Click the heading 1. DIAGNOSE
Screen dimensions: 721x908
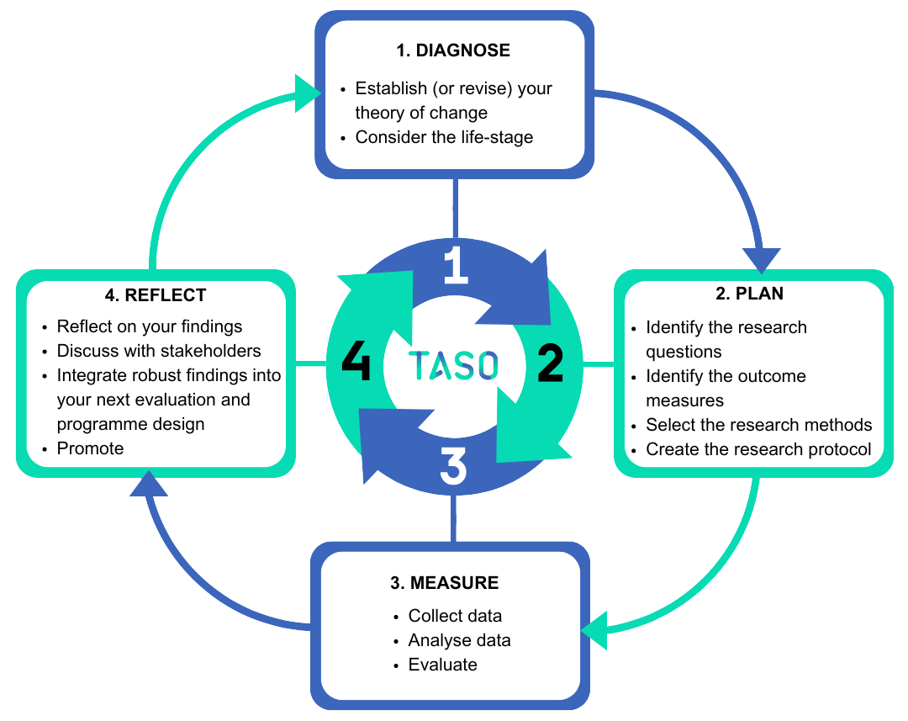point(453,50)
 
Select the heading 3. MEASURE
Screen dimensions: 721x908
point(444,583)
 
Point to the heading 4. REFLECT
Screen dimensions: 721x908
point(156,295)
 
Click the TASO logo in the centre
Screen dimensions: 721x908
point(453,365)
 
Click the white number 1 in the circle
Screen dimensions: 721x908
point(455,265)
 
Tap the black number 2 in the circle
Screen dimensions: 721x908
point(550,364)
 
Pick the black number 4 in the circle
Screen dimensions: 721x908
point(356,364)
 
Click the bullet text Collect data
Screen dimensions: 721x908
point(454,616)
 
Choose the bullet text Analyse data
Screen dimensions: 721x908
point(459,640)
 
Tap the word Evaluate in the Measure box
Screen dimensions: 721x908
point(442,665)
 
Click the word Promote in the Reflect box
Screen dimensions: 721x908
point(90,448)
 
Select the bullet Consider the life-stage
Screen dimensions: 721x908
point(444,137)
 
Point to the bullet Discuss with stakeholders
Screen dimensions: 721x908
point(159,351)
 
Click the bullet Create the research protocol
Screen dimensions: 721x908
point(758,449)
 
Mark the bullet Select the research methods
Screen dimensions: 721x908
point(758,425)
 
